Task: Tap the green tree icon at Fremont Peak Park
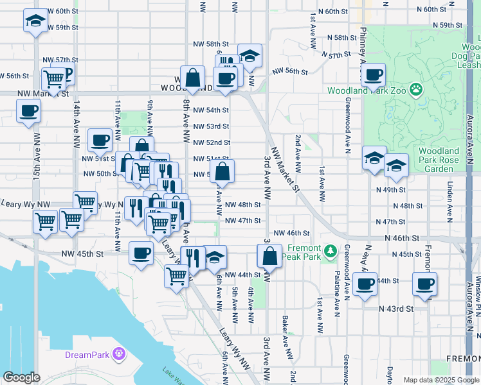[x=331, y=250]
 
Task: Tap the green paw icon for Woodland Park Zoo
[x=416, y=90]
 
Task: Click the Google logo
[x=22, y=377]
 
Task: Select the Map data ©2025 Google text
[x=440, y=380]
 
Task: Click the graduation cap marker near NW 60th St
[x=35, y=21]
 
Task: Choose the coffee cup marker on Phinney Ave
[x=373, y=74]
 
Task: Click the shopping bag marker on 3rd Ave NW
[x=269, y=256]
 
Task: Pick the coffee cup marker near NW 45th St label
[x=141, y=253]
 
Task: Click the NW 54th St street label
[x=211, y=110]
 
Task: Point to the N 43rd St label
[x=396, y=309]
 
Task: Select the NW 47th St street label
[x=243, y=221]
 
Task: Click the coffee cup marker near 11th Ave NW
[x=100, y=141]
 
